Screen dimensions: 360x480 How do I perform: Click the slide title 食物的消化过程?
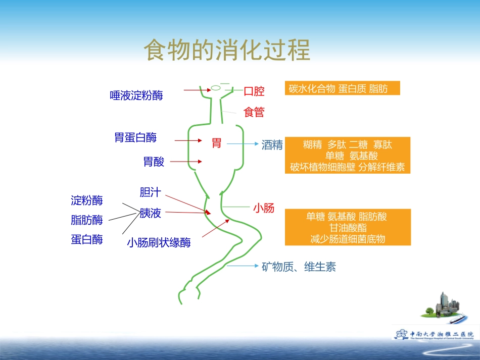[227, 50]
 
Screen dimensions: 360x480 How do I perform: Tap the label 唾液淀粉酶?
[136, 95]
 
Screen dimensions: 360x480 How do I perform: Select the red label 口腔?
[254, 91]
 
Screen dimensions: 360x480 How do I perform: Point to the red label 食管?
[254, 112]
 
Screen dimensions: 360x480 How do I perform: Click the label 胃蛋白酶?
[135, 137]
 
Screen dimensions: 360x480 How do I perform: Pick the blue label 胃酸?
[154, 162]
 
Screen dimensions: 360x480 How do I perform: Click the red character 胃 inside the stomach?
[216, 143]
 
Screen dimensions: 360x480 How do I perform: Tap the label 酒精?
[272, 145]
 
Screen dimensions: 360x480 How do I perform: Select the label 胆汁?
[150, 192]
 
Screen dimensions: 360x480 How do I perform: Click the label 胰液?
[150, 213]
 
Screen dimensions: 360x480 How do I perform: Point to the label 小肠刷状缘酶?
[159, 243]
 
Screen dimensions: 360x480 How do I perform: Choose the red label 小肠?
[264, 208]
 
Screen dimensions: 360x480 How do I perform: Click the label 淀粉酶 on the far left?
[87, 200]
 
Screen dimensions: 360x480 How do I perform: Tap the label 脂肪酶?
[87, 220]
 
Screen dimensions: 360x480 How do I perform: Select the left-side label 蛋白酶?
[87, 240]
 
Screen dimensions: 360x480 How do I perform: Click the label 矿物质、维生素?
[299, 267]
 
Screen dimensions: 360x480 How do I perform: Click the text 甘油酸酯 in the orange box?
[348, 228]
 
